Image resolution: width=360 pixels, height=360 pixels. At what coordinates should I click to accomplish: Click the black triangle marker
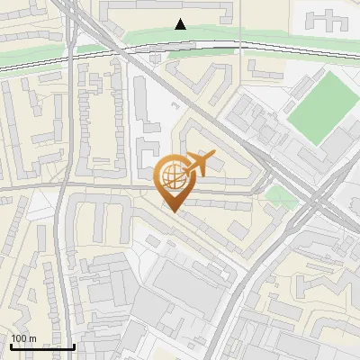tap(181, 24)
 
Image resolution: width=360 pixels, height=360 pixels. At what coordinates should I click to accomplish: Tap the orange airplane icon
tap(200, 164)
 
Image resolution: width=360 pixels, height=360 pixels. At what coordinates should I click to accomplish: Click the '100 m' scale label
tap(23, 338)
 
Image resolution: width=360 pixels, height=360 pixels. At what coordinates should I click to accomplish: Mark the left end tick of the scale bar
tap(10, 345)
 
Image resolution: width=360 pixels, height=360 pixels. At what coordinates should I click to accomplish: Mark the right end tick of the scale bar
tap(74, 345)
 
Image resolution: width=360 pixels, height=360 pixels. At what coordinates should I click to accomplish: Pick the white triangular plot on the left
tap(40, 204)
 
